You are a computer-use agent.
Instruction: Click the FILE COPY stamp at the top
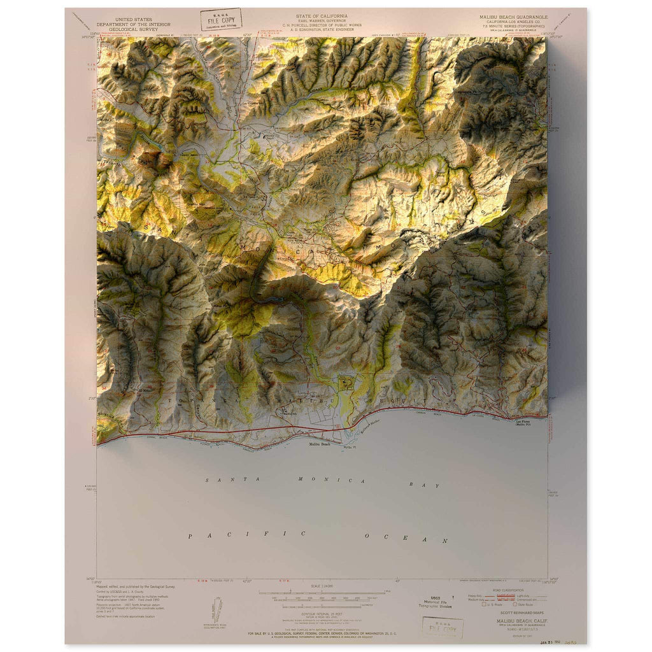click(x=221, y=19)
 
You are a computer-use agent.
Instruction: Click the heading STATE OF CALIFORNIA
click(x=325, y=15)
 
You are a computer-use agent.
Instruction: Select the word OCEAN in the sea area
click(x=406, y=539)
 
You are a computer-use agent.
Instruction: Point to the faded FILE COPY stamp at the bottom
click(x=443, y=627)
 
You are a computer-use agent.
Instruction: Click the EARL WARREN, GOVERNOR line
click(x=325, y=20)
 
